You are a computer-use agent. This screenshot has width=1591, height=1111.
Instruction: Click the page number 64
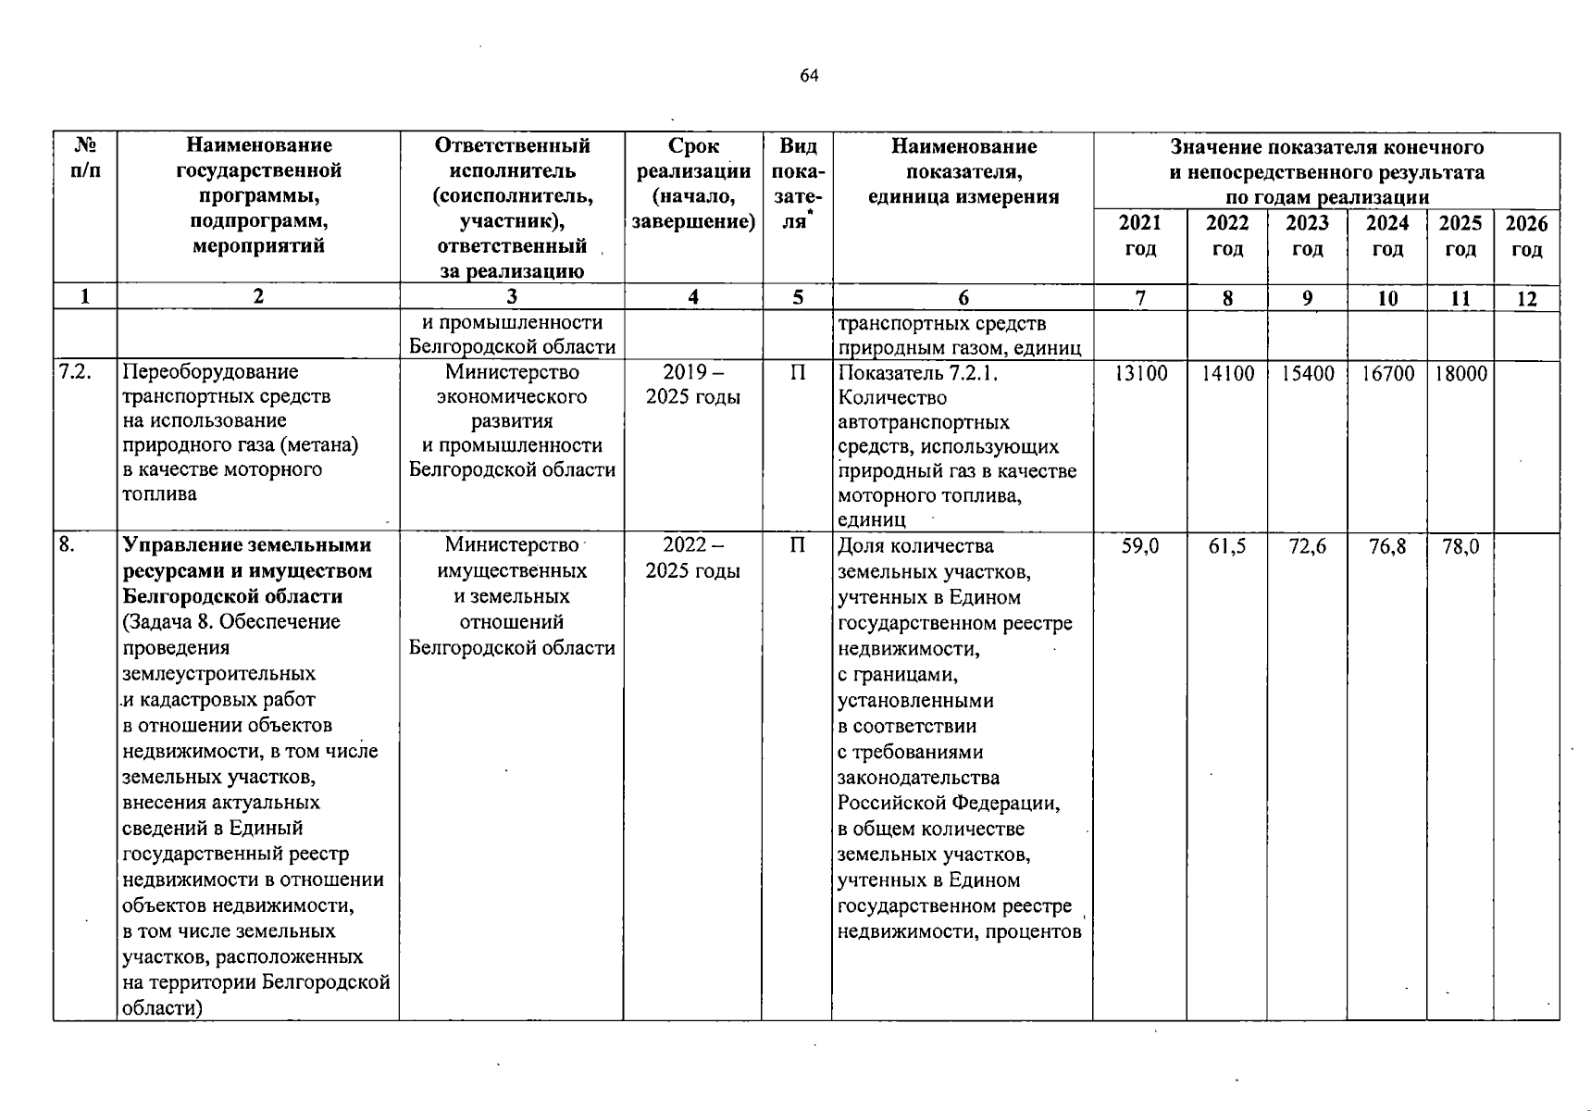pyautogui.click(x=809, y=76)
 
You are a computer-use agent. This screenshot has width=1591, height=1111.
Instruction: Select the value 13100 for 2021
pyautogui.click(x=1140, y=373)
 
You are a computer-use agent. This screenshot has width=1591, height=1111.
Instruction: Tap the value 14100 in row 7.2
pyautogui.click(x=1227, y=373)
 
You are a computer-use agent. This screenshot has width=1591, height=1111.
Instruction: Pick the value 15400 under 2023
pyautogui.click(x=1307, y=373)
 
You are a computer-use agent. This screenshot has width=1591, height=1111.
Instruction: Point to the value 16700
pyautogui.click(x=1387, y=373)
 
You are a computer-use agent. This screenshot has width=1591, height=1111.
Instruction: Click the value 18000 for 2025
pyautogui.click(x=1460, y=373)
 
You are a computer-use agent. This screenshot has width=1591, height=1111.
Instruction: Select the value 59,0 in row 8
pyautogui.click(x=1140, y=547)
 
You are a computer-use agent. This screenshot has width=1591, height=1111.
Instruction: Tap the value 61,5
pyautogui.click(x=1227, y=547)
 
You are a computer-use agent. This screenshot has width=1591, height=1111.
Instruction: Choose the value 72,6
pyautogui.click(x=1307, y=547)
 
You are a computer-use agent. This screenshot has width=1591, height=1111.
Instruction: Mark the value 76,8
pyautogui.click(x=1387, y=547)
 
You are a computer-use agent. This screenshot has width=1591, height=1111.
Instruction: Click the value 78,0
pyautogui.click(x=1460, y=547)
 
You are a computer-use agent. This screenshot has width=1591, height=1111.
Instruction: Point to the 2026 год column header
pyautogui.click(x=1526, y=236)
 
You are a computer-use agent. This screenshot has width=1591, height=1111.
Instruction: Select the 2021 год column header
pyautogui.click(x=1139, y=236)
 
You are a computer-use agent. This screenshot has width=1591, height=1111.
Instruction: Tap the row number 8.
pyautogui.click(x=67, y=545)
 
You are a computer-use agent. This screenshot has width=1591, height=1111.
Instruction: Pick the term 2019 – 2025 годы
pyautogui.click(x=692, y=384)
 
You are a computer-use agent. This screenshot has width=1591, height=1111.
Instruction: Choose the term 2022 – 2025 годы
pyautogui.click(x=692, y=558)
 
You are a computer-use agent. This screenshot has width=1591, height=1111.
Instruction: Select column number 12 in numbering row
pyautogui.click(x=1526, y=298)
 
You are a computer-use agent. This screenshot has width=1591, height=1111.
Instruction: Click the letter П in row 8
pyautogui.click(x=797, y=545)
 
